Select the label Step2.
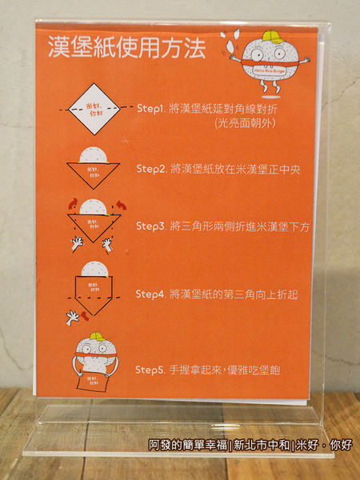(x=150, y=170)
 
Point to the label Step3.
(x=150, y=228)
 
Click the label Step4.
(x=150, y=295)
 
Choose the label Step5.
(x=150, y=370)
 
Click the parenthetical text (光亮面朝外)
(x=242, y=123)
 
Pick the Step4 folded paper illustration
(x=92, y=288)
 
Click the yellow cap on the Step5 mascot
(x=96, y=337)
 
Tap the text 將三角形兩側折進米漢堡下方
(x=240, y=228)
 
